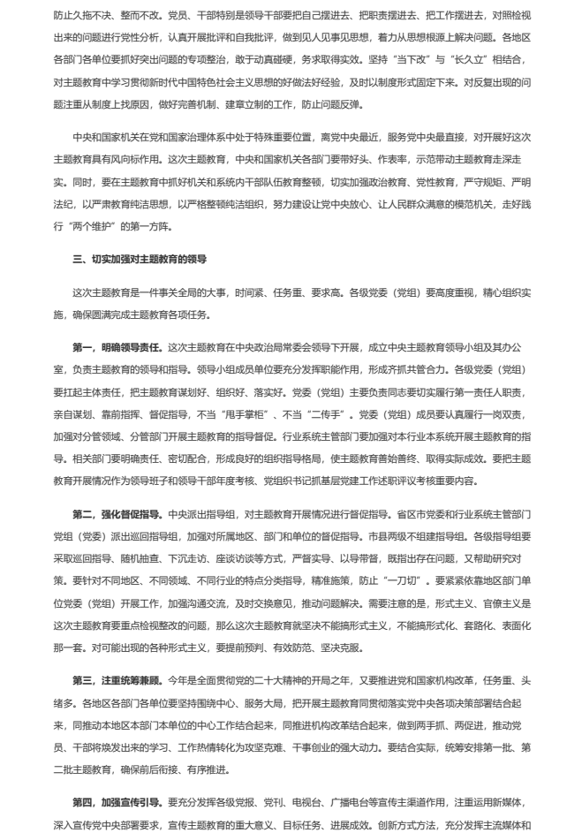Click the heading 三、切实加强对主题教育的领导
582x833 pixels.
click(x=140, y=260)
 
